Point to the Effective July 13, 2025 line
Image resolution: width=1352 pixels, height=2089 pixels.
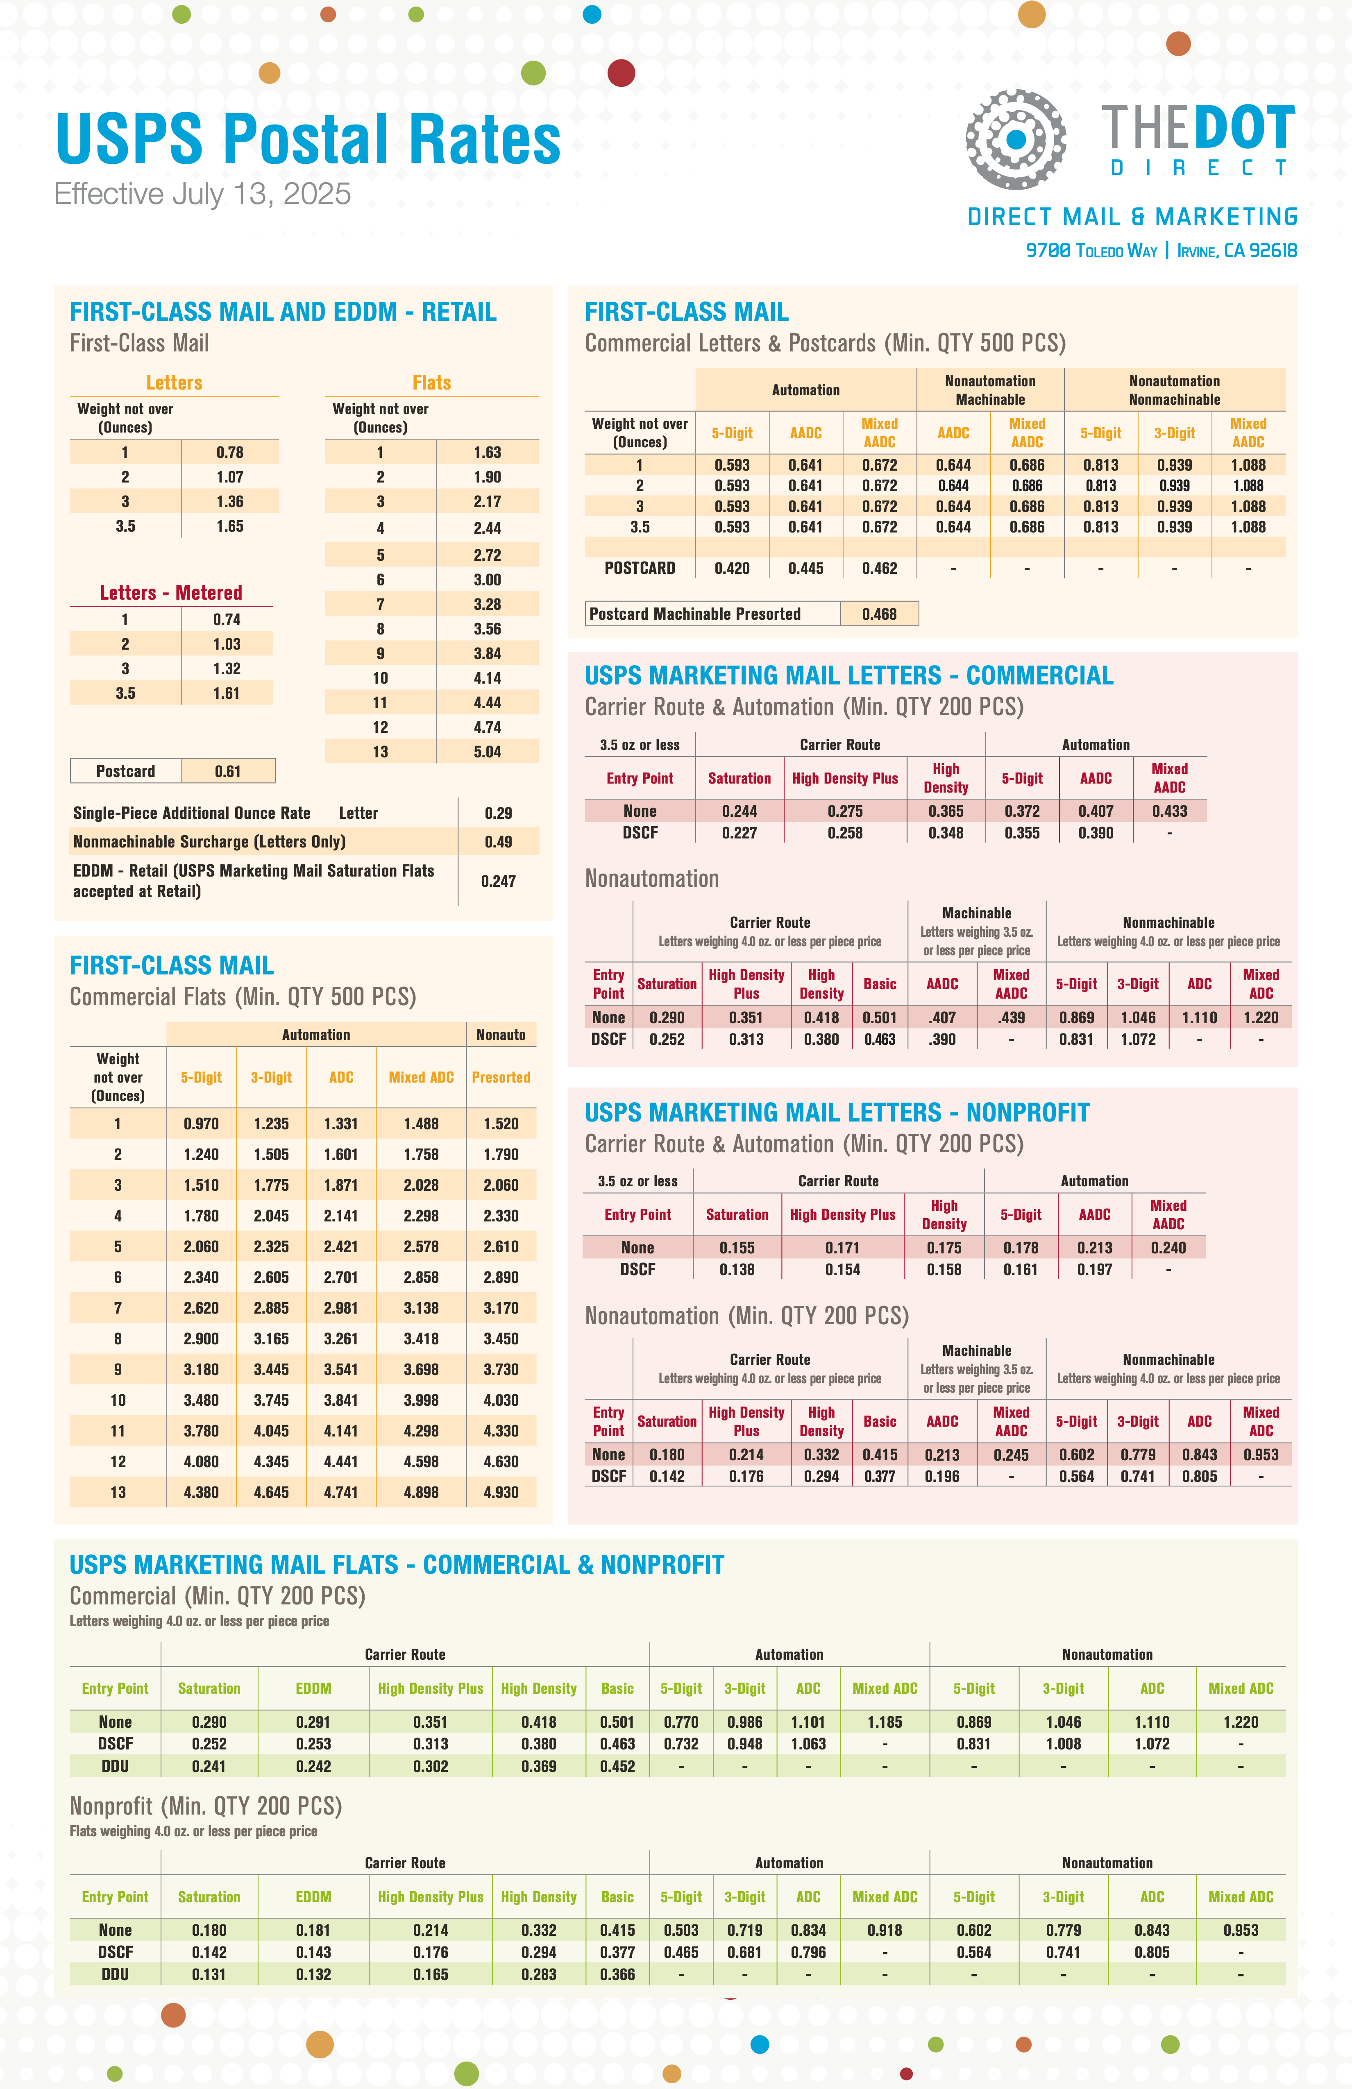[x=202, y=193]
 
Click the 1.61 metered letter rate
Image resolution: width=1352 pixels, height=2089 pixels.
[x=227, y=693]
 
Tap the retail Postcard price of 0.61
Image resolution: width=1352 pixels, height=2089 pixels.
[x=227, y=770]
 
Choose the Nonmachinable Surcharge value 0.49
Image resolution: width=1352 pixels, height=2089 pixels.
[x=498, y=841]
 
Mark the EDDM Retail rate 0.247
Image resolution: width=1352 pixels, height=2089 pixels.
[x=498, y=880]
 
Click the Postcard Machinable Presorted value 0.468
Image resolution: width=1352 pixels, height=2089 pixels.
[x=879, y=614]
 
